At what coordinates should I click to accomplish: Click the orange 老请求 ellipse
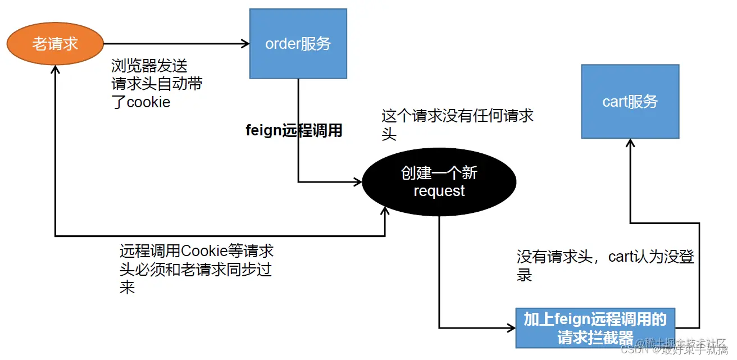coord(55,44)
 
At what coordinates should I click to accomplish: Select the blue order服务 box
coord(298,44)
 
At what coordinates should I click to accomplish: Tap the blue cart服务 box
coord(630,102)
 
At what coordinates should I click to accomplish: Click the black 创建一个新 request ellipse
coord(439,181)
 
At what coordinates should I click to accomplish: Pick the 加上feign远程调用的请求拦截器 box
coord(595,328)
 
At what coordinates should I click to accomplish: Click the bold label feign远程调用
coord(294,131)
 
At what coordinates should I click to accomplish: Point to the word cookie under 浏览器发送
coord(148,102)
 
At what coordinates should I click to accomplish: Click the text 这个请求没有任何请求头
coord(457,125)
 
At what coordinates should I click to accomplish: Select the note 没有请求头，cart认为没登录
coord(606,266)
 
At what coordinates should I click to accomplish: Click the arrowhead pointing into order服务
coord(245,43)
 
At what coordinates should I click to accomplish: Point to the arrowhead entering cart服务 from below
coord(630,144)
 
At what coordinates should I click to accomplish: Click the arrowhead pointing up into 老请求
coord(55,70)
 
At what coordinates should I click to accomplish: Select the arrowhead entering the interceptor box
coord(511,327)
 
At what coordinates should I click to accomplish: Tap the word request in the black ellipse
coord(439,191)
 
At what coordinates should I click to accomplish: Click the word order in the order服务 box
coord(283,44)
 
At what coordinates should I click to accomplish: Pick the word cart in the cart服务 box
coord(615,102)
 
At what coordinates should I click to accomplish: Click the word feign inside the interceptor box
coord(571,320)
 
